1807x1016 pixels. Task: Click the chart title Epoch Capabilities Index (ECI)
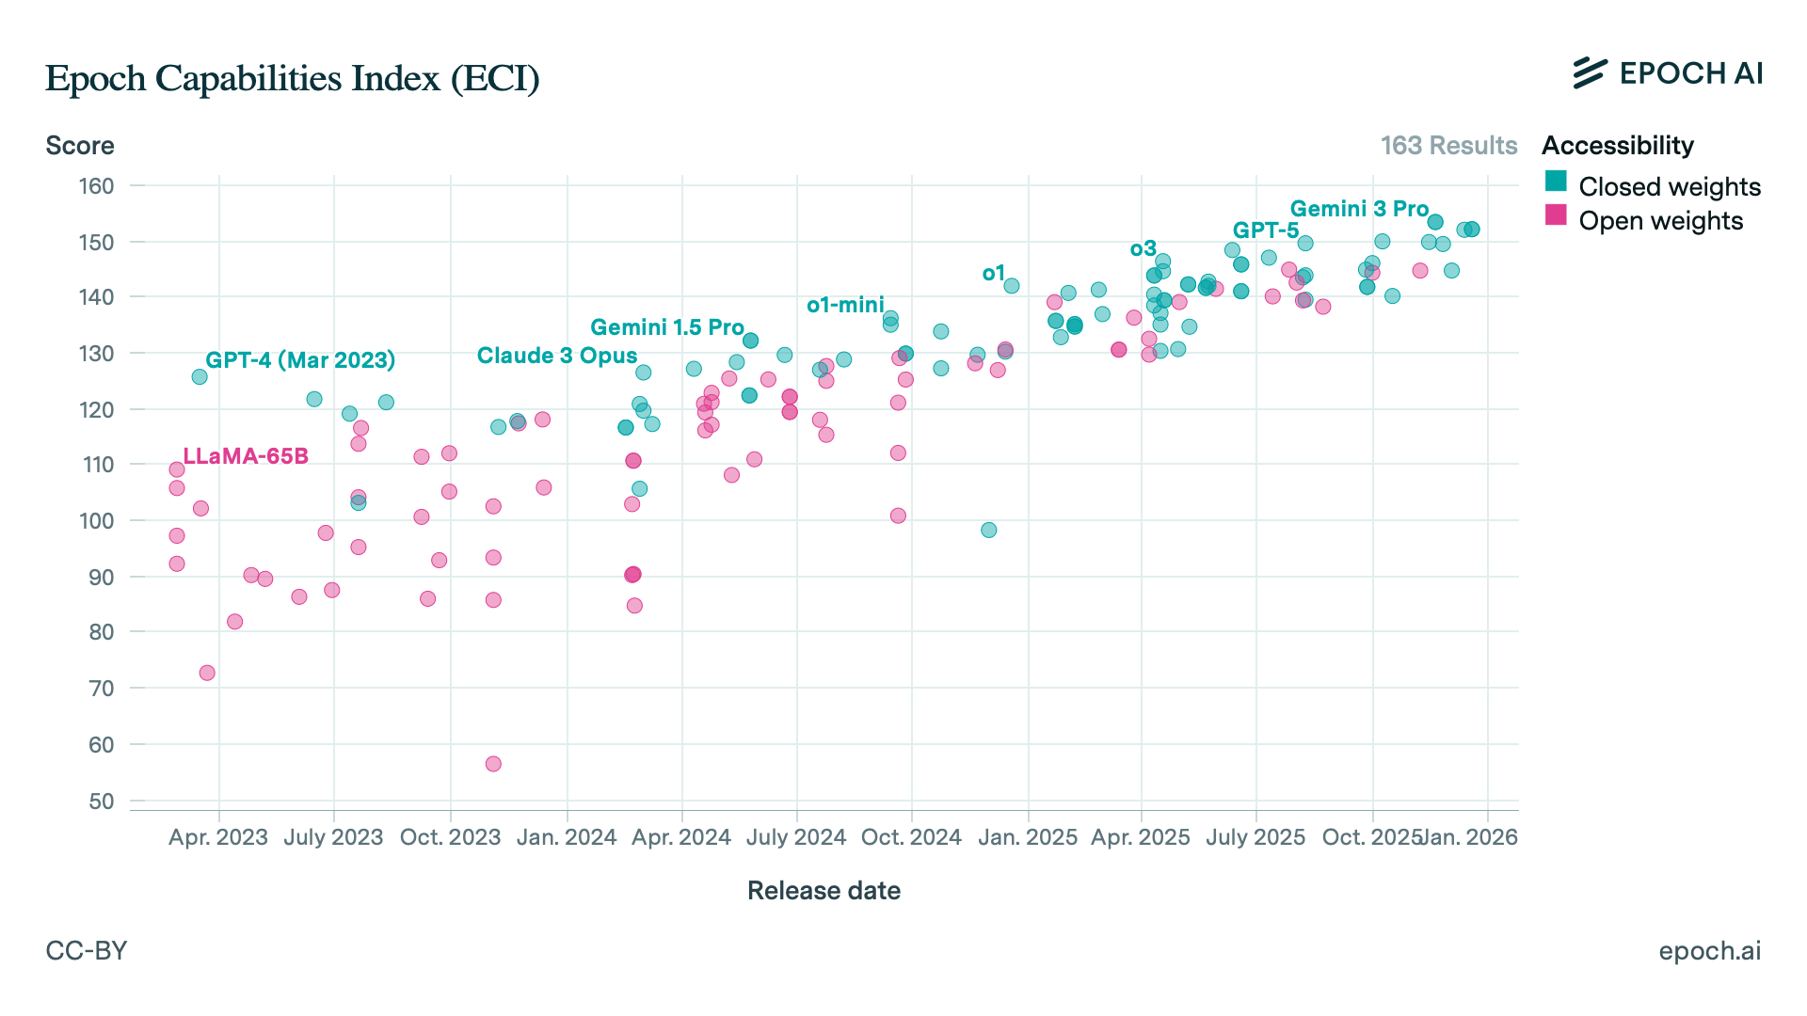coord(292,78)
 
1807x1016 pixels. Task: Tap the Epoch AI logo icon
coord(1590,72)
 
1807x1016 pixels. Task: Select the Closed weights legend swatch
coord(1556,182)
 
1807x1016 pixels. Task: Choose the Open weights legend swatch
coord(1556,215)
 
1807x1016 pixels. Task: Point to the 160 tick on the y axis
coord(96,186)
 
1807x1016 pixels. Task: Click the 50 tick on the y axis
coord(101,802)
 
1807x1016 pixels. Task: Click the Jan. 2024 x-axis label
coord(567,837)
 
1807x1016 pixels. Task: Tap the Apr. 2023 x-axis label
coord(218,837)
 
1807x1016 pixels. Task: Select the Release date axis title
coord(824,891)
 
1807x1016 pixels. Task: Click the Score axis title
coord(80,146)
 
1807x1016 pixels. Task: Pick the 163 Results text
coord(1448,146)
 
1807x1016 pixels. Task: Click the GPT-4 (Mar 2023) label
coord(300,360)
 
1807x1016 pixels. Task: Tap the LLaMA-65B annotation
coord(246,456)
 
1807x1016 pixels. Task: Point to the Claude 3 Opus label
coord(557,356)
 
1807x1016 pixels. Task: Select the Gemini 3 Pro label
coord(1359,209)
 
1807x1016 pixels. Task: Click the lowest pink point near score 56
coord(493,764)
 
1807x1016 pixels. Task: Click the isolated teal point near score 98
coord(988,531)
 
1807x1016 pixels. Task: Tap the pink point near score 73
coord(207,673)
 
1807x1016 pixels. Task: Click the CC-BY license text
coord(87,951)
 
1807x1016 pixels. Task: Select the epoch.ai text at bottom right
coord(1709,951)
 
